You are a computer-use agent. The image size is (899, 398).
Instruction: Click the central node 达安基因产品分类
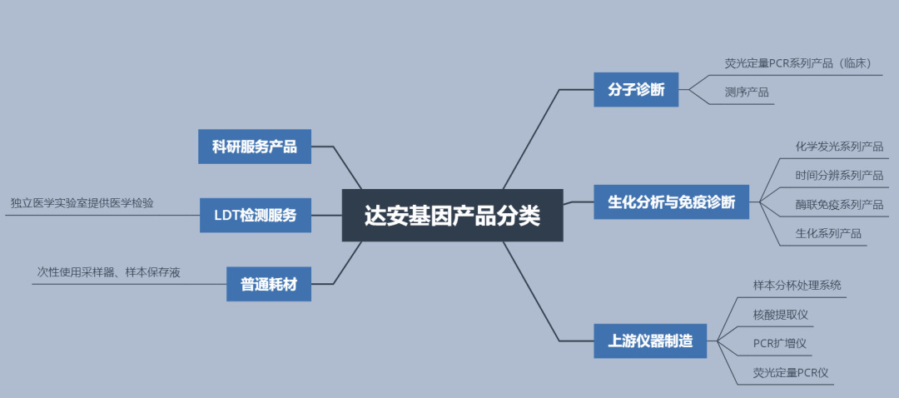coord(452,216)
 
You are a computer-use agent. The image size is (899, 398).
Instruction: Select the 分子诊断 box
coord(636,90)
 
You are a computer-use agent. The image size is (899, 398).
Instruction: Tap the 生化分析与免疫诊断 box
coord(671,201)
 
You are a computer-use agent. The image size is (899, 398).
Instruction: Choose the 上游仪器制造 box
coord(650,341)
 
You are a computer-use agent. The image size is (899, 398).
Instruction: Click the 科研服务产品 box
coord(254,147)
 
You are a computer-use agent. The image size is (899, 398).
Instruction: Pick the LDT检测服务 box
coord(256,216)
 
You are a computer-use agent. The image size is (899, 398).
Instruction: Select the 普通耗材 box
coord(269,285)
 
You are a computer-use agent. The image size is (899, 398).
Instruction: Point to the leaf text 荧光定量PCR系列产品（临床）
coord(797,63)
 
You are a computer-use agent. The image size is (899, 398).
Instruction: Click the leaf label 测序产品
coord(747,92)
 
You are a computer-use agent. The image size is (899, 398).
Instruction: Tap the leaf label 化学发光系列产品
coord(839,147)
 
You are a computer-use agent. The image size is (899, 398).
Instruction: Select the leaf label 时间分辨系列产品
coord(839,176)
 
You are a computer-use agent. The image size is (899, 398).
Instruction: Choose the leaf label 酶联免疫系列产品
coord(839,205)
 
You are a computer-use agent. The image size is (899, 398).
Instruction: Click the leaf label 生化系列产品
coord(828,234)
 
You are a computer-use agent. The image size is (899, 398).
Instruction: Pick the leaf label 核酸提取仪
coord(781,314)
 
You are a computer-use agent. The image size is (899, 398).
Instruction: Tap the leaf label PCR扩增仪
coord(780,343)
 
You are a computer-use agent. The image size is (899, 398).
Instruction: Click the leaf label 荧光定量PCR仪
coord(791,372)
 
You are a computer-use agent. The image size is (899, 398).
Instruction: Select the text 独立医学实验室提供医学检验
coord(82,203)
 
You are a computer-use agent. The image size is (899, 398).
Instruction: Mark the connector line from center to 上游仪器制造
coord(533,291)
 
